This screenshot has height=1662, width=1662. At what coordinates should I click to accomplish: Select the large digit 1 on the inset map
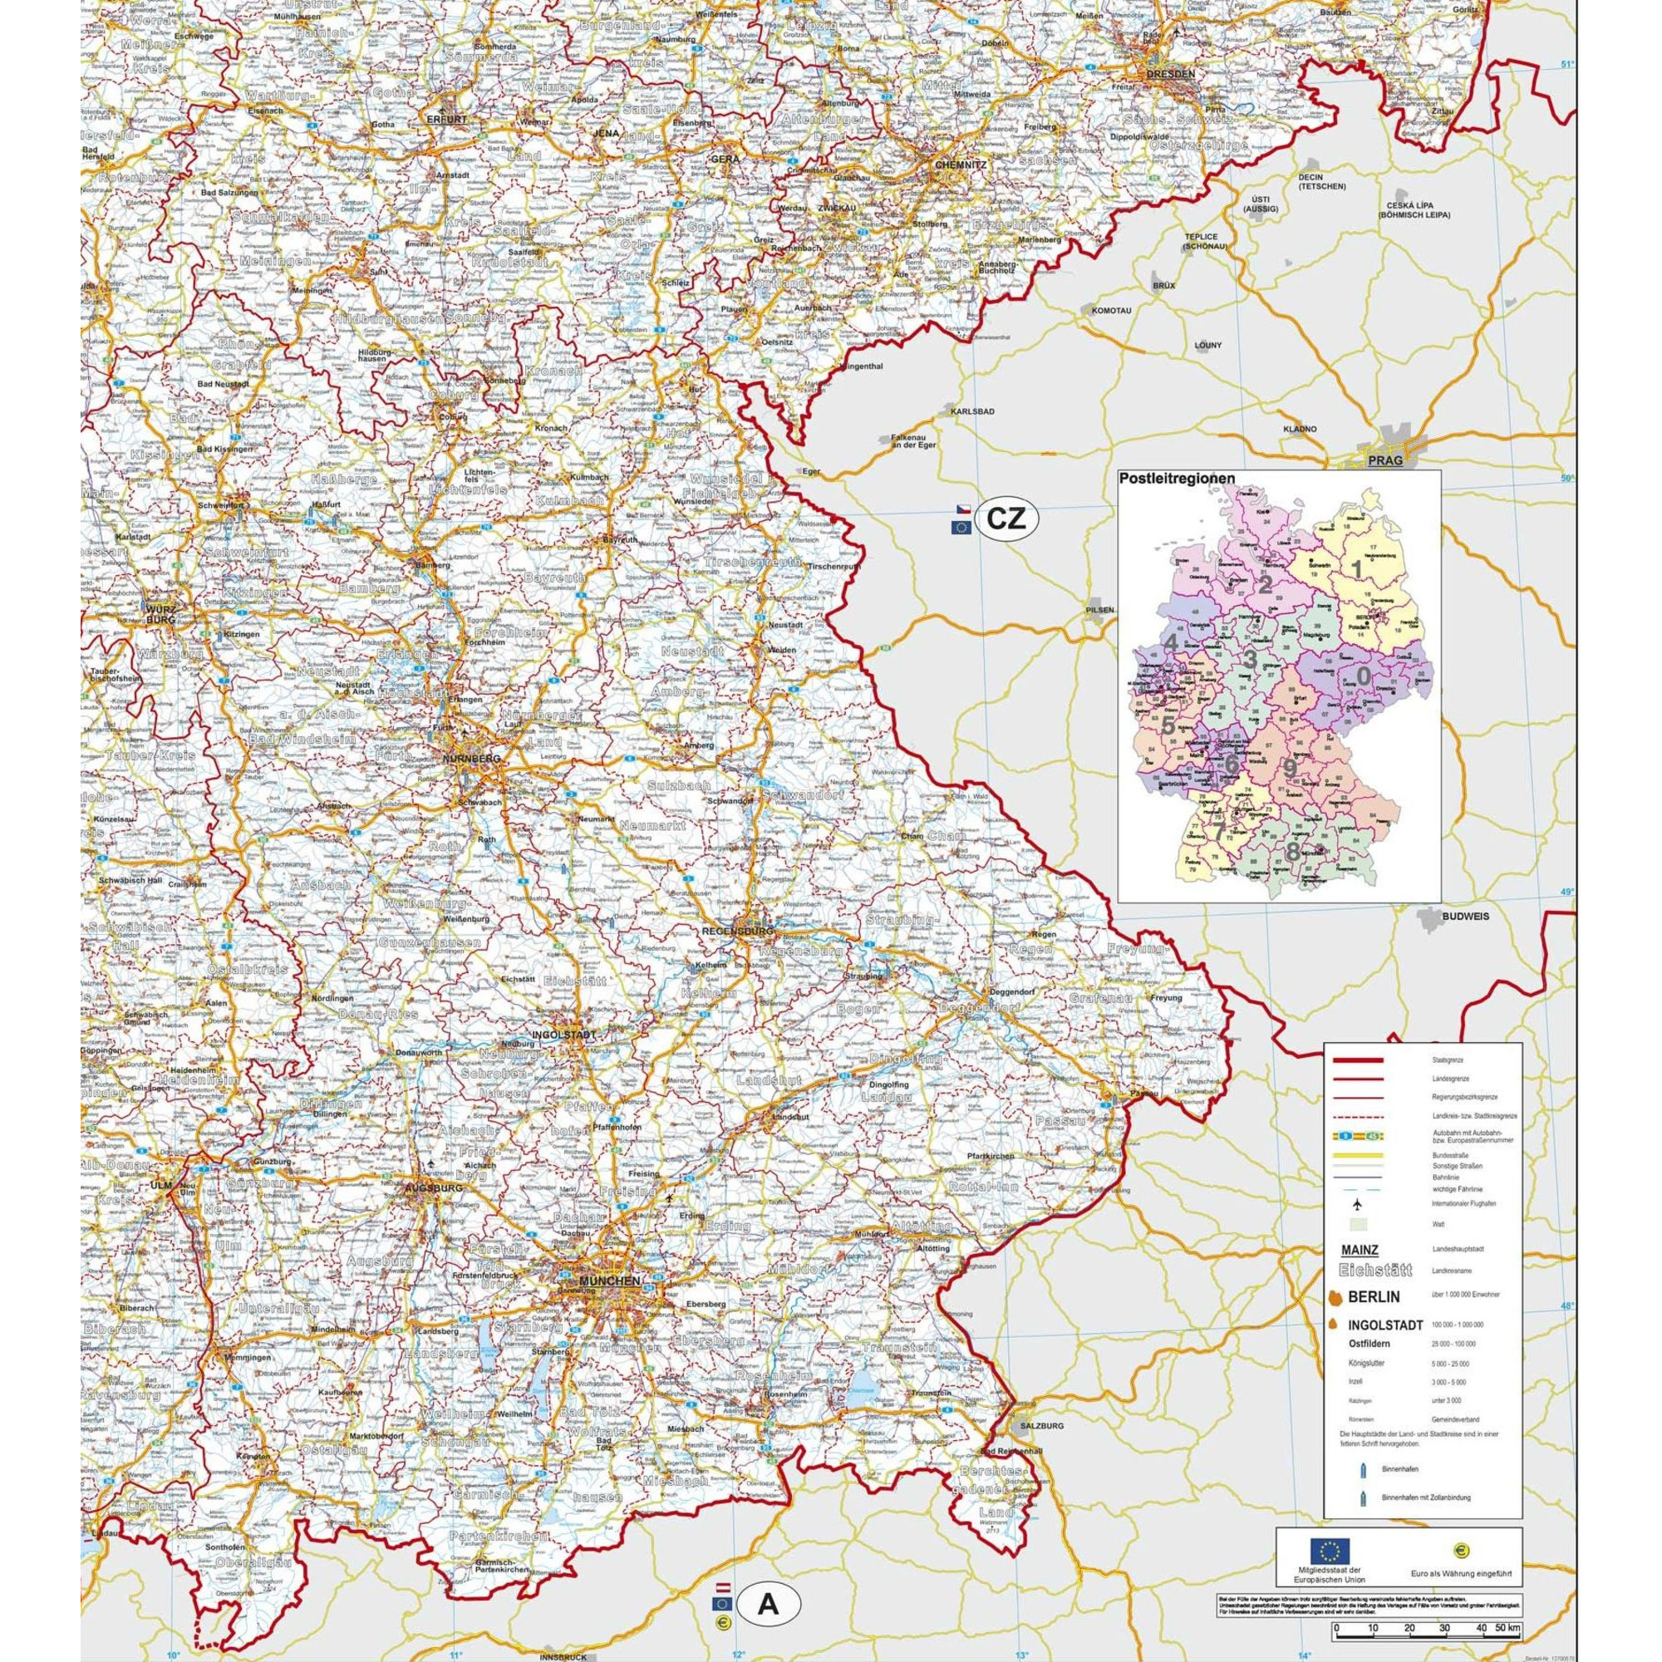click(1358, 568)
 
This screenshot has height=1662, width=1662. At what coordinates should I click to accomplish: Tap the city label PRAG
click(1385, 461)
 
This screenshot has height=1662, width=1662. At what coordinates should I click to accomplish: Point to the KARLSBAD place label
click(973, 411)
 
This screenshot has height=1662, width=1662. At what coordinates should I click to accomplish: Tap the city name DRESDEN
click(1170, 74)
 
